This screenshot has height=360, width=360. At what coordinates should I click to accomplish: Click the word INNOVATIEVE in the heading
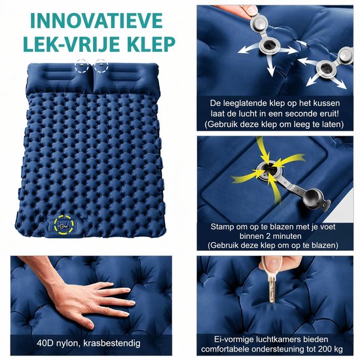pos(96,21)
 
